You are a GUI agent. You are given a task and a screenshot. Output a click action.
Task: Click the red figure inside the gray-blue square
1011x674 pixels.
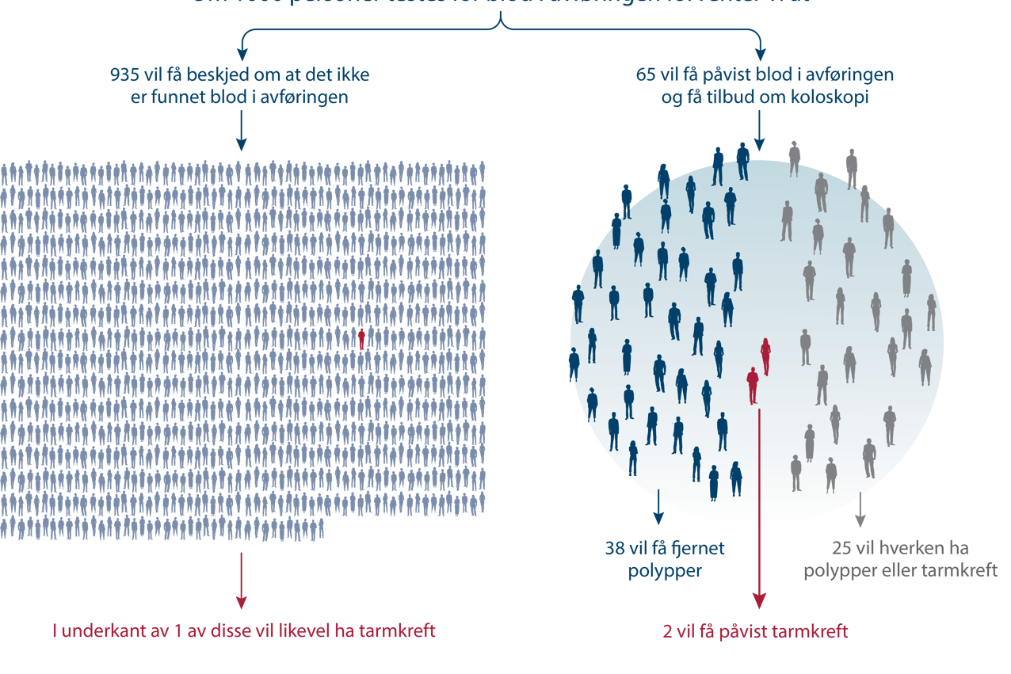coord(363,341)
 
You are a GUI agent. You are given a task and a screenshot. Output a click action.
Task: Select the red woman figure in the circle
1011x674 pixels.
coord(765,356)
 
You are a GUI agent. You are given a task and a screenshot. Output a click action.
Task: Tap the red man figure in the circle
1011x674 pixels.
coord(752,385)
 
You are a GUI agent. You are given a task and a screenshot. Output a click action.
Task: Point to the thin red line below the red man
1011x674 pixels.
coord(760,491)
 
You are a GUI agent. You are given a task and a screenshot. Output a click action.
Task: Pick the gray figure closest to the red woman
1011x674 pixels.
coord(806,347)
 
